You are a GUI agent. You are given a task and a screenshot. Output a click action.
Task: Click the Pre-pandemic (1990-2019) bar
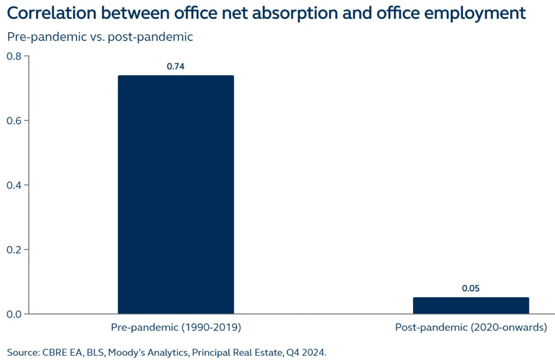pyautogui.click(x=176, y=194)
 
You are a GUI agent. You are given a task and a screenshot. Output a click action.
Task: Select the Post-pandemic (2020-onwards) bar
pyautogui.click(x=470, y=305)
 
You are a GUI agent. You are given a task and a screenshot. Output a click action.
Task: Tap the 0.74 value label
pyautogui.click(x=176, y=67)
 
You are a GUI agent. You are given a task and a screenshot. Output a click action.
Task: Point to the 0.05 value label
pyautogui.click(x=470, y=288)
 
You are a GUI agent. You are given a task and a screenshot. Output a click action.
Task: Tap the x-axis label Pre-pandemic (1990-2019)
pyautogui.click(x=176, y=327)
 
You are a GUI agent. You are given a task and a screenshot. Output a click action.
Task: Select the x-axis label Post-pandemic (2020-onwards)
pyautogui.click(x=470, y=327)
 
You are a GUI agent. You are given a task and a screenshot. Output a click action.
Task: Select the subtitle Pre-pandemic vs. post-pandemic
pyautogui.click(x=100, y=37)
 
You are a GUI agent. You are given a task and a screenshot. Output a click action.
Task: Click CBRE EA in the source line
pyautogui.click(x=62, y=352)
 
